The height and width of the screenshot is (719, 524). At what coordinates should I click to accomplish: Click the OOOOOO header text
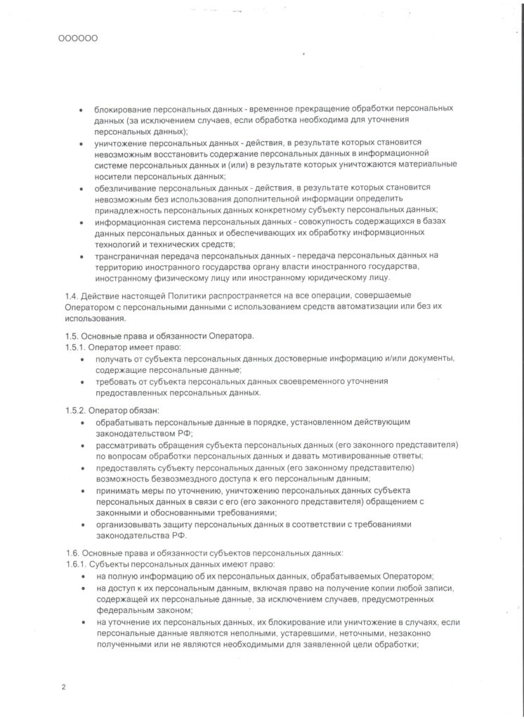pyautogui.click(x=77, y=39)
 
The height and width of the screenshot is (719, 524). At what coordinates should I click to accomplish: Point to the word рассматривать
pyautogui.click(x=129, y=444)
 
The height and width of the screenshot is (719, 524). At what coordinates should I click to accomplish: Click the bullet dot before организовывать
pyautogui.click(x=84, y=525)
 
